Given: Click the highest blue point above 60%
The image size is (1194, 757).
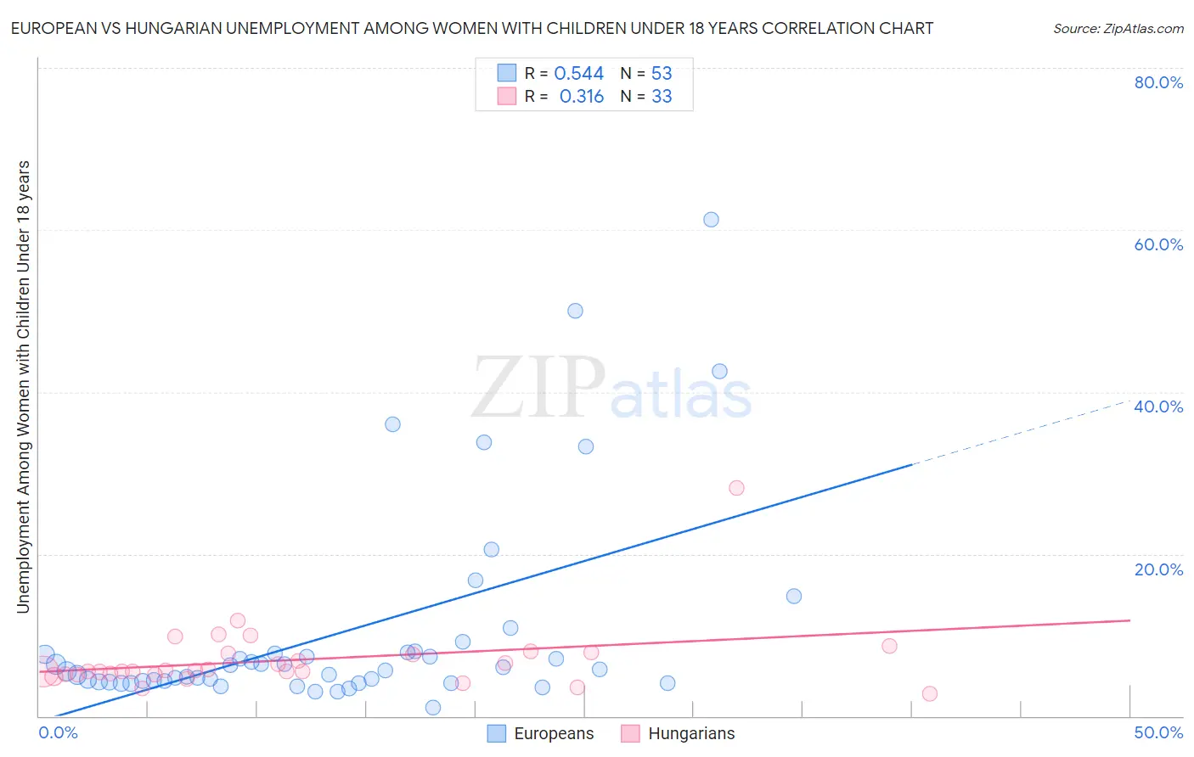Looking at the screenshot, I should (711, 220).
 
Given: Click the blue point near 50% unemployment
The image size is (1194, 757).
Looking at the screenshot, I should (575, 311).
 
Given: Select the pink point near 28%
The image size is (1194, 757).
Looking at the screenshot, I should (736, 488).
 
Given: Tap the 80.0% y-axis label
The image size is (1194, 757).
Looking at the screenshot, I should (1158, 82).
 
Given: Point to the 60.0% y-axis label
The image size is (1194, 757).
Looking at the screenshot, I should (1158, 244).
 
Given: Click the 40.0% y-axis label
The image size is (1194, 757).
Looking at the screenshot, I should (1158, 407).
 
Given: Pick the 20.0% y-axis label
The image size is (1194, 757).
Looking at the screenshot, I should (1158, 569).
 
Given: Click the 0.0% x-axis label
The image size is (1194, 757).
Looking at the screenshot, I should (58, 732).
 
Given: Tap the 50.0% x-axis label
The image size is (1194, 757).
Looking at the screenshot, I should (1158, 732).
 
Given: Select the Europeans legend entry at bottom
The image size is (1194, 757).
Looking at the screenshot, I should (541, 733).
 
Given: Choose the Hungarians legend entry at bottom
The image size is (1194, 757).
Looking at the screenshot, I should (678, 733).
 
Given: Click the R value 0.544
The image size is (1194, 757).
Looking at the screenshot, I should (578, 74).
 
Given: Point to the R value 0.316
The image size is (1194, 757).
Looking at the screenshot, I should (581, 97).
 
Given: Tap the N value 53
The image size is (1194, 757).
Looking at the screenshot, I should (662, 74).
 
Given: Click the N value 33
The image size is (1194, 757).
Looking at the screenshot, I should (662, 97).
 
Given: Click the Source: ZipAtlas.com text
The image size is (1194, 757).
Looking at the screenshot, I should (1118, 29).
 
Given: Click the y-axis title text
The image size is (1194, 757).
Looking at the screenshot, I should (23, 386).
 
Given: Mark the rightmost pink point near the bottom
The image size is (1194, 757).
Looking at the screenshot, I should (929, 693).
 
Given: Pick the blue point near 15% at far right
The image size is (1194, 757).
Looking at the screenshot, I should (794, 596).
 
